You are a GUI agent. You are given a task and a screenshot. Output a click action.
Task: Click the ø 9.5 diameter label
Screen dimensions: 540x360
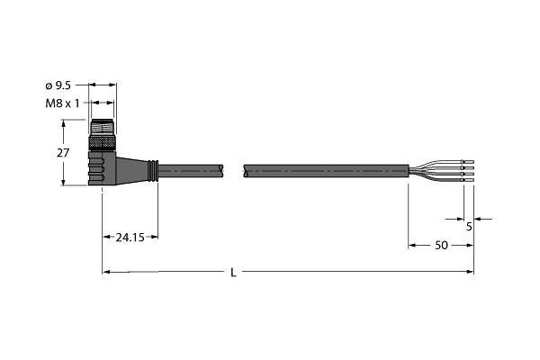pos(58,85)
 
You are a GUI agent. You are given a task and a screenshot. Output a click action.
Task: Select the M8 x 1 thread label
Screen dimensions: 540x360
pos(62,103)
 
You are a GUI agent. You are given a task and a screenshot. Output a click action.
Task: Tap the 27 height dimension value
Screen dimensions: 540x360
pos(63,153)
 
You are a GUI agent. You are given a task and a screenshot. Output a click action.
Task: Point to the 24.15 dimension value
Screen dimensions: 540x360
pos(130,238)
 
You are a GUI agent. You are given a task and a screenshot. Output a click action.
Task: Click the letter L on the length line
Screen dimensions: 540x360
pos(233,273)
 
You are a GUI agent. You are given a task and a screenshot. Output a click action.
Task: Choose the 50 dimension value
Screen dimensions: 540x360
pos(441,246)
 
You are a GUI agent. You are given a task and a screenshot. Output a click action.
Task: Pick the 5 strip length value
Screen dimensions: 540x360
pos(469,227)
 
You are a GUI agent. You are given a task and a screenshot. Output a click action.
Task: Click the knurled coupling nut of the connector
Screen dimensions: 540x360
pos(102,143)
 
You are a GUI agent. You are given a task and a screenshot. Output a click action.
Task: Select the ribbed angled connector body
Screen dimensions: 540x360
pos(102,167)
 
